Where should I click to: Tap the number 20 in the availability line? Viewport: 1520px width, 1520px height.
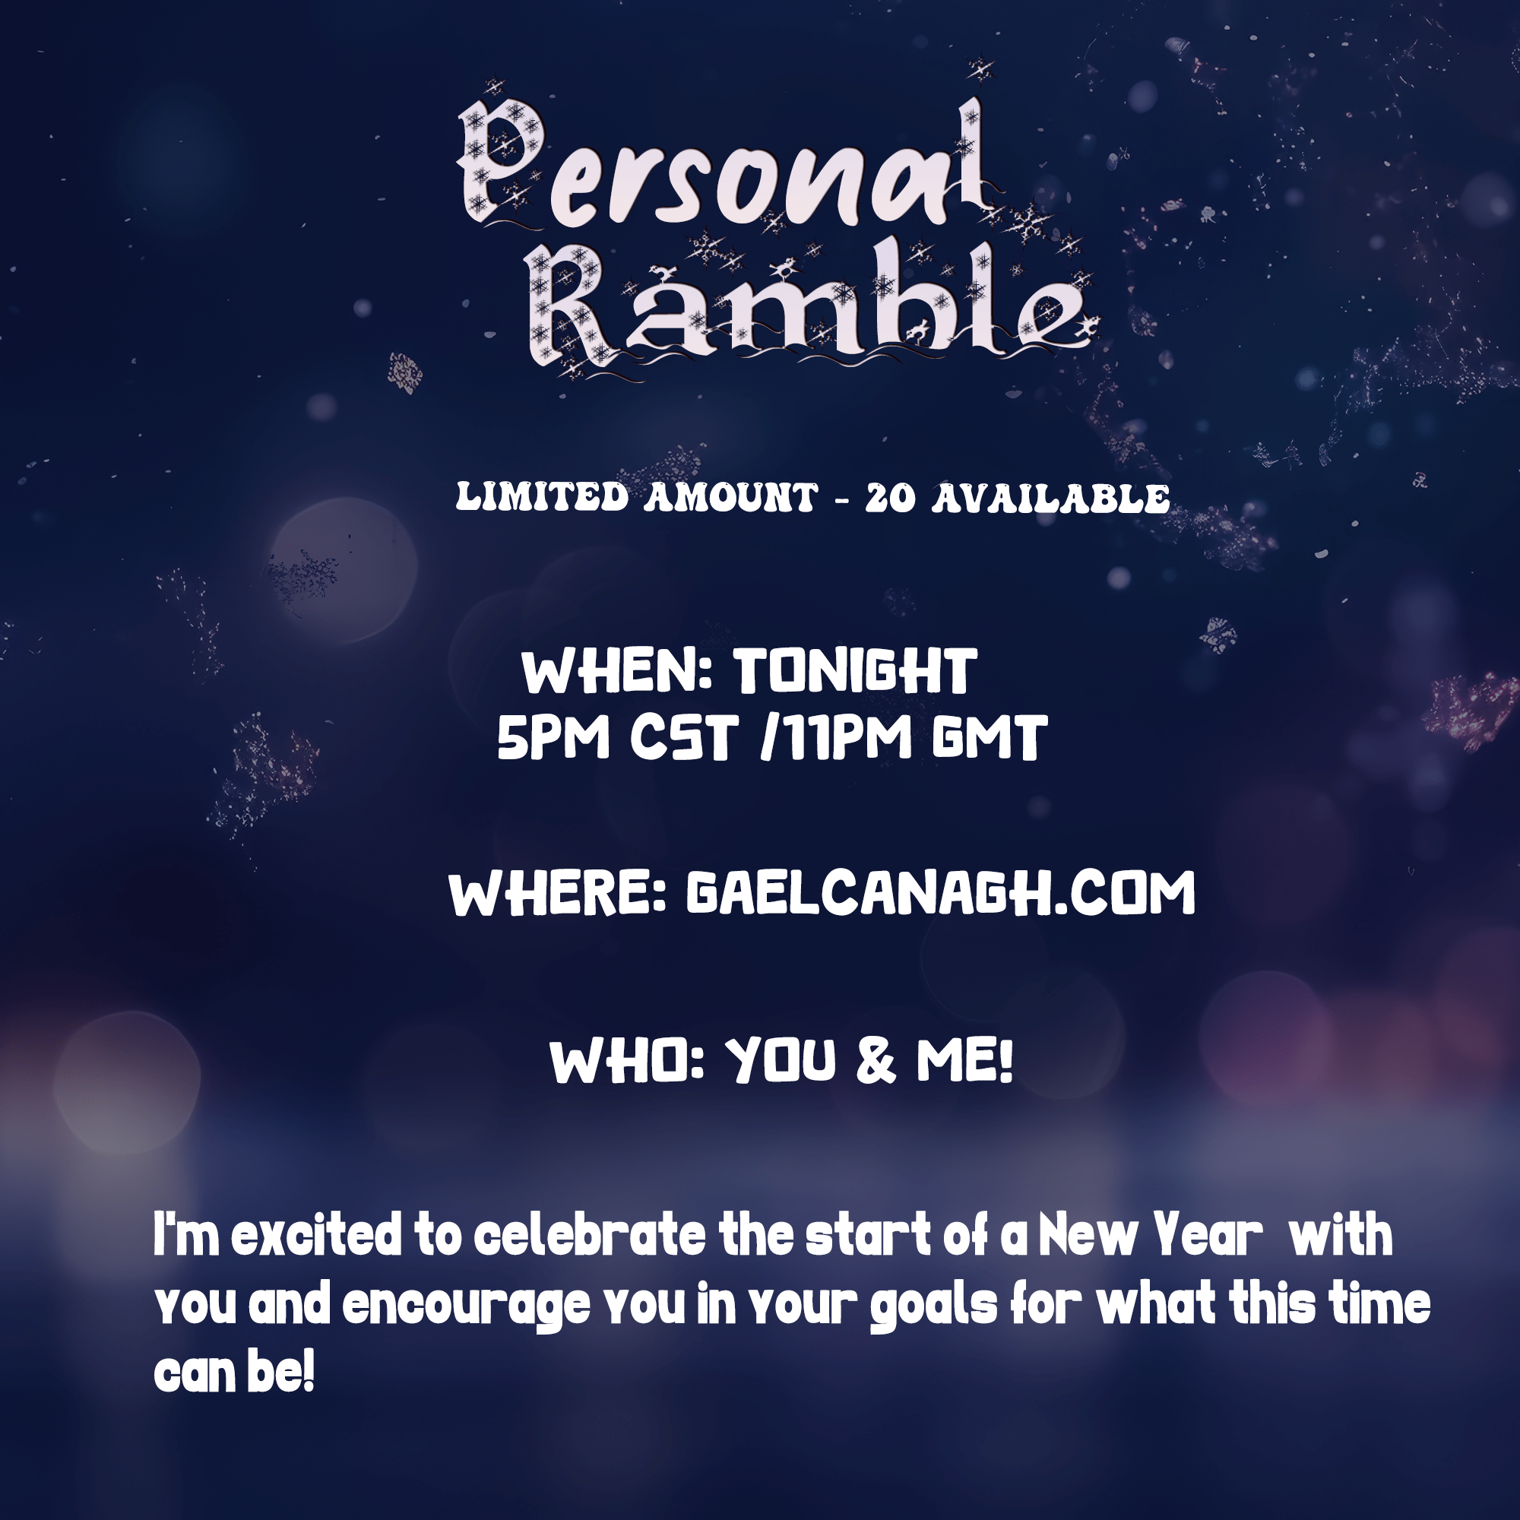coord(891,498)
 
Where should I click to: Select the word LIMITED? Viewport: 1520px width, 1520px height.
coord(543,497)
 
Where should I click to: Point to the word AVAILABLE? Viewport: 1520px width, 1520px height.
coord(1051,499)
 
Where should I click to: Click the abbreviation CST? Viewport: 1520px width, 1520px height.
coord(685,738)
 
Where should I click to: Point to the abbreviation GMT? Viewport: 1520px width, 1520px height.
coord(989,738)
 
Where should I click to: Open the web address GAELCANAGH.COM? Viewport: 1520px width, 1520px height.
coord(941,893)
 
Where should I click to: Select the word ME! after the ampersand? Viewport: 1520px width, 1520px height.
coord(964,1060)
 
